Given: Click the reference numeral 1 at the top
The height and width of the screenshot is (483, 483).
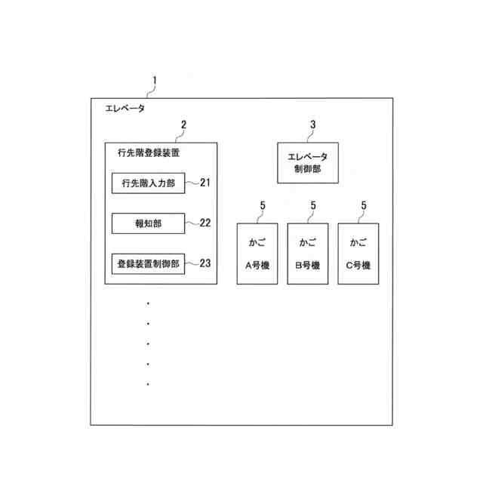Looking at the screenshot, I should click(x=155, y=80).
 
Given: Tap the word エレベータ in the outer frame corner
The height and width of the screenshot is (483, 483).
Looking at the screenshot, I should click(x=125, y=109).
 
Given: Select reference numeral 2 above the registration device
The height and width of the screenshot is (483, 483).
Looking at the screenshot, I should click(x=183, y=125).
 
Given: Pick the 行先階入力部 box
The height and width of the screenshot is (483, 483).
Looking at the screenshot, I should click(x=148, y=183).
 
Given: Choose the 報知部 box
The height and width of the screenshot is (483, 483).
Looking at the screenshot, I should click(x=148, y=223).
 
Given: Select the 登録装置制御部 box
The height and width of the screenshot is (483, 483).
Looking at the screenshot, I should click(x=148, y=264).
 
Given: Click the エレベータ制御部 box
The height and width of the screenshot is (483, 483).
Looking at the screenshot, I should click(x=307, y=162).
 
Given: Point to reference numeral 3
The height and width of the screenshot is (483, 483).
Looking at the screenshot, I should click(x=312, y=125).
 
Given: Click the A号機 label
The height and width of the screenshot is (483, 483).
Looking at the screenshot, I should click(x=257, y=266).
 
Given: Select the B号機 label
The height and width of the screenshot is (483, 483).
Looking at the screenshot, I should click(x=307, y=266).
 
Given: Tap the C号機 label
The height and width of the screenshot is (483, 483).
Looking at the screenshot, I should click(x=358, y=266).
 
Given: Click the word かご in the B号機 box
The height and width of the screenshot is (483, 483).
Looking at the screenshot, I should click(x=307, y=243).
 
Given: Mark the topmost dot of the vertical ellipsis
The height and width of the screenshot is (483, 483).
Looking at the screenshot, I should click(x=149, y=303).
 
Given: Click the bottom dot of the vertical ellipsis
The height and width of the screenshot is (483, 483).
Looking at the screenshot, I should click(x=149, y=384).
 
